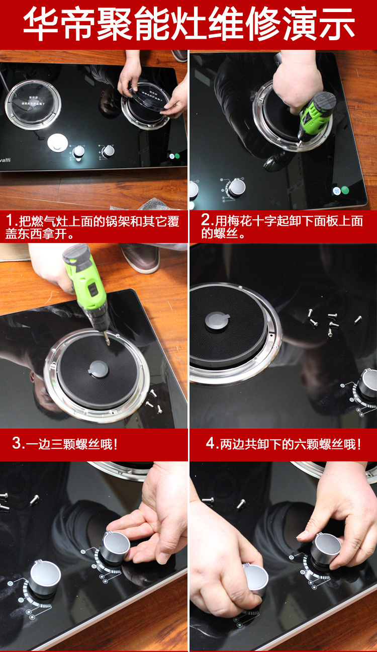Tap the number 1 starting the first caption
tap(10, 221)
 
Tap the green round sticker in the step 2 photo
tap(345, 190)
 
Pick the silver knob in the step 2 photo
tap(236, 187)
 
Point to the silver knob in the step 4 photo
tap(368, 384)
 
